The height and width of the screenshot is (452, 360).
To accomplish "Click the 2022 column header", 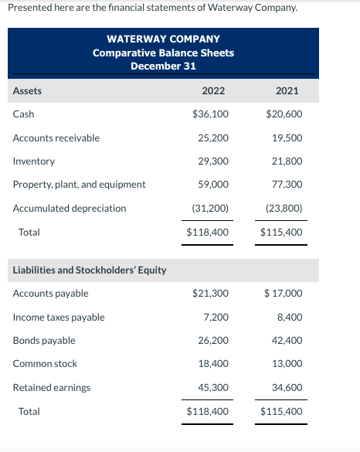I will point(213,90).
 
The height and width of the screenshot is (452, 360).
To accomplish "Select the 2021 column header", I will point(287,90).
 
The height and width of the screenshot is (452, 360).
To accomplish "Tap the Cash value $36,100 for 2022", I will point(210,114).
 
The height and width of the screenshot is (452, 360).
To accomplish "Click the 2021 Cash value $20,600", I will point(284,114).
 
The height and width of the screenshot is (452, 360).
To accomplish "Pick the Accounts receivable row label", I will point(56,138).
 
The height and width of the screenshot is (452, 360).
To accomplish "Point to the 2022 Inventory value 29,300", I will point(213,161).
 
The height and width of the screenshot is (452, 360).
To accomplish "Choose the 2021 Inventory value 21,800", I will point(287,161).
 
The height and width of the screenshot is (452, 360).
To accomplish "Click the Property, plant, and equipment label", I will point(80,185).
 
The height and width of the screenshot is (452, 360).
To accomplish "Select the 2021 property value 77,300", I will point(287,185).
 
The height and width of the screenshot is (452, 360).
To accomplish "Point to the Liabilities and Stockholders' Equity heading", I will point(90,270).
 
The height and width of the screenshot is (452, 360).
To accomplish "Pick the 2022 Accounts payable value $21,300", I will point(210,294).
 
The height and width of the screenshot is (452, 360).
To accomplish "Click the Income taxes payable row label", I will point(59,318).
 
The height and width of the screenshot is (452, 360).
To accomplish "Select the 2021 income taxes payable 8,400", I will point(289,318).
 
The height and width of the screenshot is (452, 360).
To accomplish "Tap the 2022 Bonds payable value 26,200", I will point(213,341).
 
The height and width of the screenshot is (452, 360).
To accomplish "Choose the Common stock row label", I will point(46,364).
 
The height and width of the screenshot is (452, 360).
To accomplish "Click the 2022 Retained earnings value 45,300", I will point(213,388).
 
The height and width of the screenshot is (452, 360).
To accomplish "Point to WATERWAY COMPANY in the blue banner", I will point(163,39).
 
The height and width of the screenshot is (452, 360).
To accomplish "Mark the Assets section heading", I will point(28,90).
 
